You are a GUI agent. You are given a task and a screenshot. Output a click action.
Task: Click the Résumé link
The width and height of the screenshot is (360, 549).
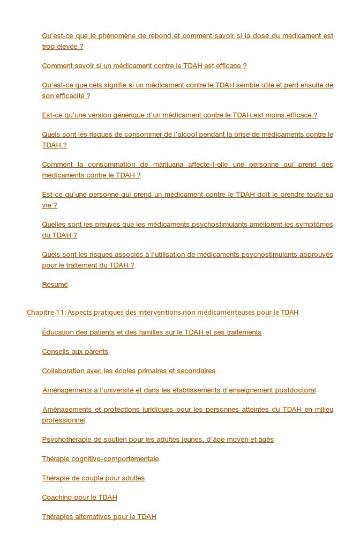pyautogui.click(x=55, y=285)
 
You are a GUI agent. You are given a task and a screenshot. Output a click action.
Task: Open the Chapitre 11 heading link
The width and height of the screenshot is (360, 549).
pyautogui.click(x=162, y=313)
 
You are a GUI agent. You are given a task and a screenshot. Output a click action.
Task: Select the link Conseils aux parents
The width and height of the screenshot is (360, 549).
pyautogui.click(x=75, y=352)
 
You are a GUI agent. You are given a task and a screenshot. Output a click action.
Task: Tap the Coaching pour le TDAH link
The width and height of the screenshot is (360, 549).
pyautogui.click(x=79, y=498)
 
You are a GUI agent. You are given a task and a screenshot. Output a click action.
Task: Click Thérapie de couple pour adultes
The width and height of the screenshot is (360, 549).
pyautogui.click(x=93, y=478)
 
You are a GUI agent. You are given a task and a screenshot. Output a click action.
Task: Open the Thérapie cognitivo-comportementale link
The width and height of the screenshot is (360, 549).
pyautogui.click(x=100, y=459)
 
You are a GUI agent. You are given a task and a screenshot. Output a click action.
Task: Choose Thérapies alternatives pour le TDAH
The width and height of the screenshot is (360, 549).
pyautogui.click(x=99, y=517)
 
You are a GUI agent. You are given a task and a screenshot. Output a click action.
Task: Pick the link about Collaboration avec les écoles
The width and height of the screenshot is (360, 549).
pyautogui.click(x=129, y=371)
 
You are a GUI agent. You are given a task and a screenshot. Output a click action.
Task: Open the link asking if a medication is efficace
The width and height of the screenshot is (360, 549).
pyautogui.click(x=144, y=66)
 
